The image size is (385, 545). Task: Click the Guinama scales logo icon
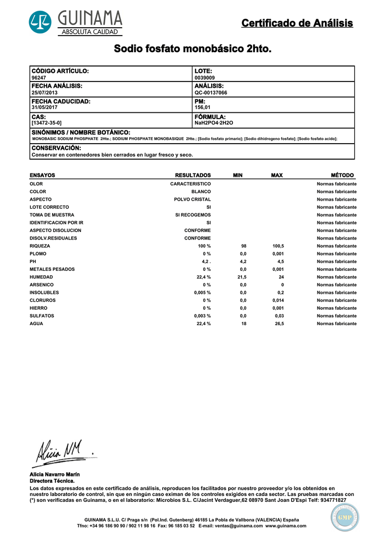coord(40,22)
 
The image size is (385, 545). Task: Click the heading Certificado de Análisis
coord(297,23)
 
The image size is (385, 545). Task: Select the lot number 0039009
coord(205,78)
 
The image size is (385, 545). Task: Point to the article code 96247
coord(39,78)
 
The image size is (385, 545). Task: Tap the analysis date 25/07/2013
coord(45,93)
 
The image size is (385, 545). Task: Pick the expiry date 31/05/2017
coord(45,108)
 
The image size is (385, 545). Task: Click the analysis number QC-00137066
coord(211,93)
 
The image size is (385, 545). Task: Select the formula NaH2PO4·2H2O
coord(214,123)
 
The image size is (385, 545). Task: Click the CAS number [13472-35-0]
coord(47,123)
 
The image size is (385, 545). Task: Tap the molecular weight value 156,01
coord(203,108)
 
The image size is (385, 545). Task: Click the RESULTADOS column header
coord(193,175)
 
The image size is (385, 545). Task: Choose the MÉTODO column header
coord(342,175)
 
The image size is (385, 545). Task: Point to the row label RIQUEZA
coord(40,246)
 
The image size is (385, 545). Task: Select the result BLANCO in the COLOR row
coord(201,192)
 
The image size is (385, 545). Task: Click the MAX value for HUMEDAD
coord(281,277)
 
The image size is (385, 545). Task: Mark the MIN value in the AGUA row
coord(244,324)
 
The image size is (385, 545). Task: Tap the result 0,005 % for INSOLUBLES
coord(202,293)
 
